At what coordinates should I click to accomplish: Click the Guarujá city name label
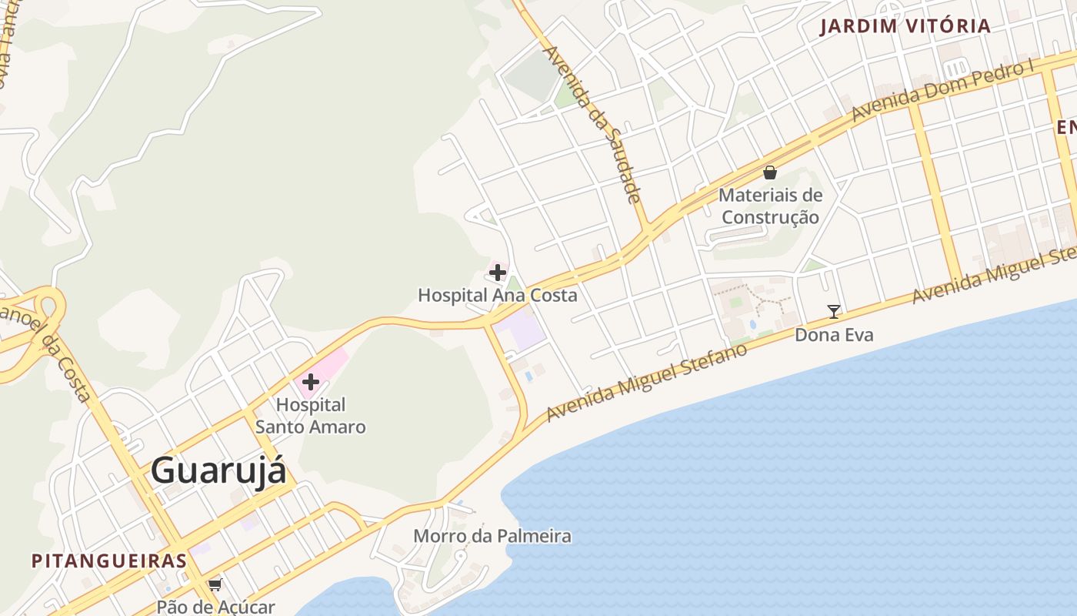tap(218, 470)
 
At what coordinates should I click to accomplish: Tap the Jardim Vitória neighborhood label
tap(905, 26)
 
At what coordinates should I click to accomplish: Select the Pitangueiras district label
tap(108, 561)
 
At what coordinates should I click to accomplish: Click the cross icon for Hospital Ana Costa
tap(498, 272)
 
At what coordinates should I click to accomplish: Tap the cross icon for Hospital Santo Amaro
tap(311, 382)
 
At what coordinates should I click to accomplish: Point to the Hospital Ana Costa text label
tap(497, 295)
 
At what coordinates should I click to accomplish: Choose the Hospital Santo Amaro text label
tap(311, 416)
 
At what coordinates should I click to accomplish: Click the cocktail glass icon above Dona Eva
tap(833, 312)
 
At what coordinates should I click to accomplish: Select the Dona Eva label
tap(834, 335)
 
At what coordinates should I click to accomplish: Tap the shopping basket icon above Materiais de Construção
tap(770, 172)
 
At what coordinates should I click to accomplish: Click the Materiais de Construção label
tap(770, 206)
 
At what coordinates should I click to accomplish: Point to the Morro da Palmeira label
tap(492, 536)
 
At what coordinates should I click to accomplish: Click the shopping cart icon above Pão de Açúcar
tap(215, 584)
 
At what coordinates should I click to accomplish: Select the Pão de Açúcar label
tap(215, 607)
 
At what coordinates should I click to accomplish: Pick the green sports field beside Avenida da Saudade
tap(531, 75)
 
